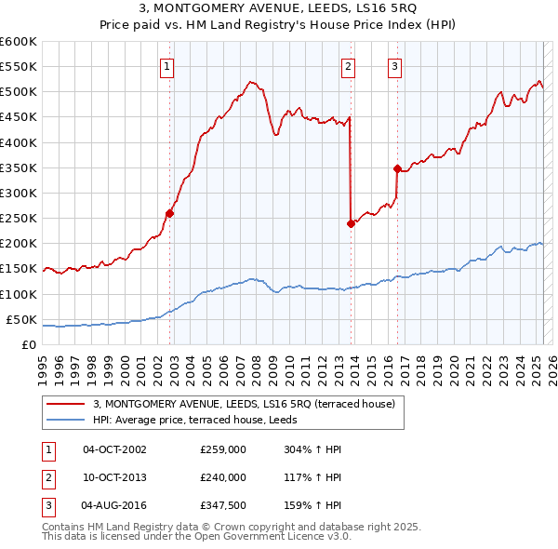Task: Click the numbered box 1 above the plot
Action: [166, 66]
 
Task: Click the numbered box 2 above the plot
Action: [348, 66]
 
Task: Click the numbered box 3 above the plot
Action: [395, 66]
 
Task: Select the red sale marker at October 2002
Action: [169, 213]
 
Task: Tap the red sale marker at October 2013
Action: [351, 223]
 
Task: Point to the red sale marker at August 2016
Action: [397, 168]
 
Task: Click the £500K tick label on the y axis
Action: [18, 92]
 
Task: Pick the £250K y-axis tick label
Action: [18, 218]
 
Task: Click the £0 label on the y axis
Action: [28, 344]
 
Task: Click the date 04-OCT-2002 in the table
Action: [114, 449]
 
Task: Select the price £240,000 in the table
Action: [222, 477]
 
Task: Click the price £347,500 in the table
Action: [222, 505]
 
